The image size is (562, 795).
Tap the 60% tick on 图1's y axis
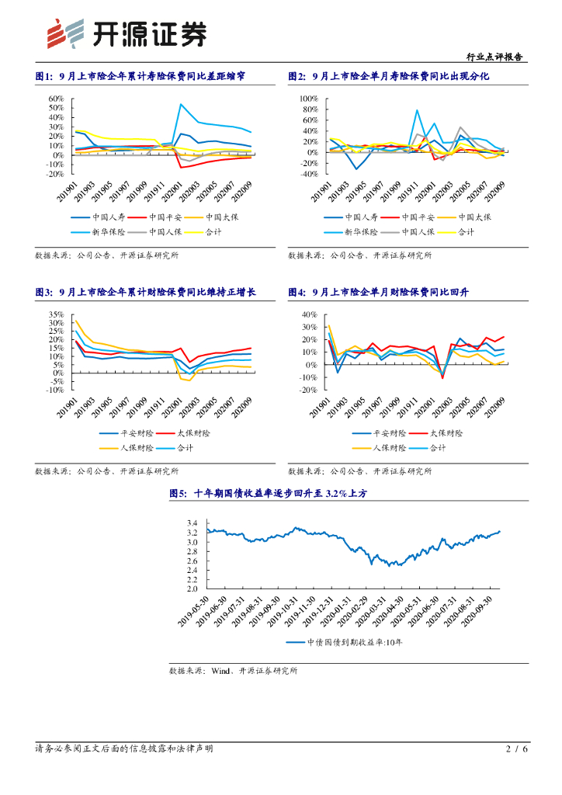pyautogui.click(x=56, y=99)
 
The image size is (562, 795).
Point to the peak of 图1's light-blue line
pyautogui.click(x=181, y=104)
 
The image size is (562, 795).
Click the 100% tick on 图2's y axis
pyautogui.click(x=307, y=99)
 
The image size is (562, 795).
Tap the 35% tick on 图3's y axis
pyautogui.click(x=56, y=314)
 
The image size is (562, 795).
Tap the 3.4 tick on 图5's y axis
pyautogui.click(x=193, y=522)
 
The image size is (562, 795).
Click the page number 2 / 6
pyautogui.click(x=516, y=749)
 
